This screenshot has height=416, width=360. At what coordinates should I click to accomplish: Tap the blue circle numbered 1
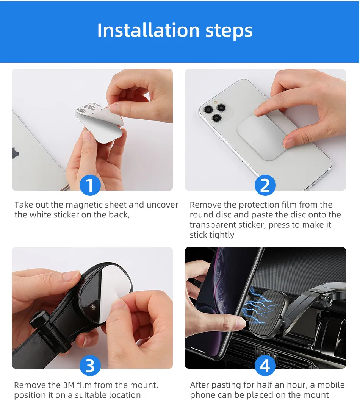90,185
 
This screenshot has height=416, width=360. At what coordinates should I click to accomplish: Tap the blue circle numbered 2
265,185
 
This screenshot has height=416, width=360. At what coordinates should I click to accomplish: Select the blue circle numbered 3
90,365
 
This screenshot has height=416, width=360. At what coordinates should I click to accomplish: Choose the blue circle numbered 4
265,365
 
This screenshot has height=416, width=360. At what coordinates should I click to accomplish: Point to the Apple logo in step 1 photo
15,153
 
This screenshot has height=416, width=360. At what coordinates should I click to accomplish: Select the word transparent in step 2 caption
227,225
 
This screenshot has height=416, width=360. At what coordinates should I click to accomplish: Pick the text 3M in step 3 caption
69,385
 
